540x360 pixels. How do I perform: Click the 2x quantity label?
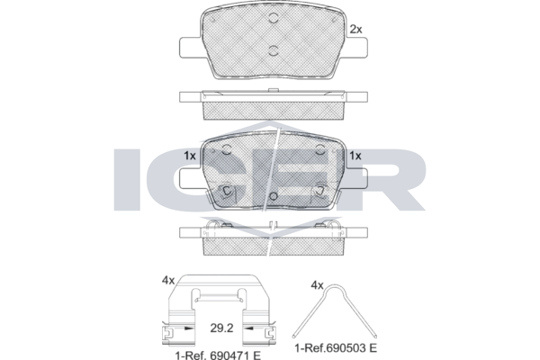[x=355, y=30]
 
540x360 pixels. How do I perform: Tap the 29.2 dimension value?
[x=221, y=328]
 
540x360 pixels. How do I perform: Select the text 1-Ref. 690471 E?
[x=218, y=355]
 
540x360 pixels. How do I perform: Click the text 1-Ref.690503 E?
[x=336, y=348]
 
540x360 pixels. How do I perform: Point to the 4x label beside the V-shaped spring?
[x=317, y=285]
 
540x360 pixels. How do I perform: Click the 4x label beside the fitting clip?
[x=168, y=281]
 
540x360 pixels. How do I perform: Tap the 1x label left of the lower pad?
[x=190, y=156]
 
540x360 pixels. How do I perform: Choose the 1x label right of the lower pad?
[x=355, y=156]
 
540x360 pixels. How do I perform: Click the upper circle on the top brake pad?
[x=273, y=18]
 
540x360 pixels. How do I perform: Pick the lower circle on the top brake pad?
[x=273, y=50]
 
